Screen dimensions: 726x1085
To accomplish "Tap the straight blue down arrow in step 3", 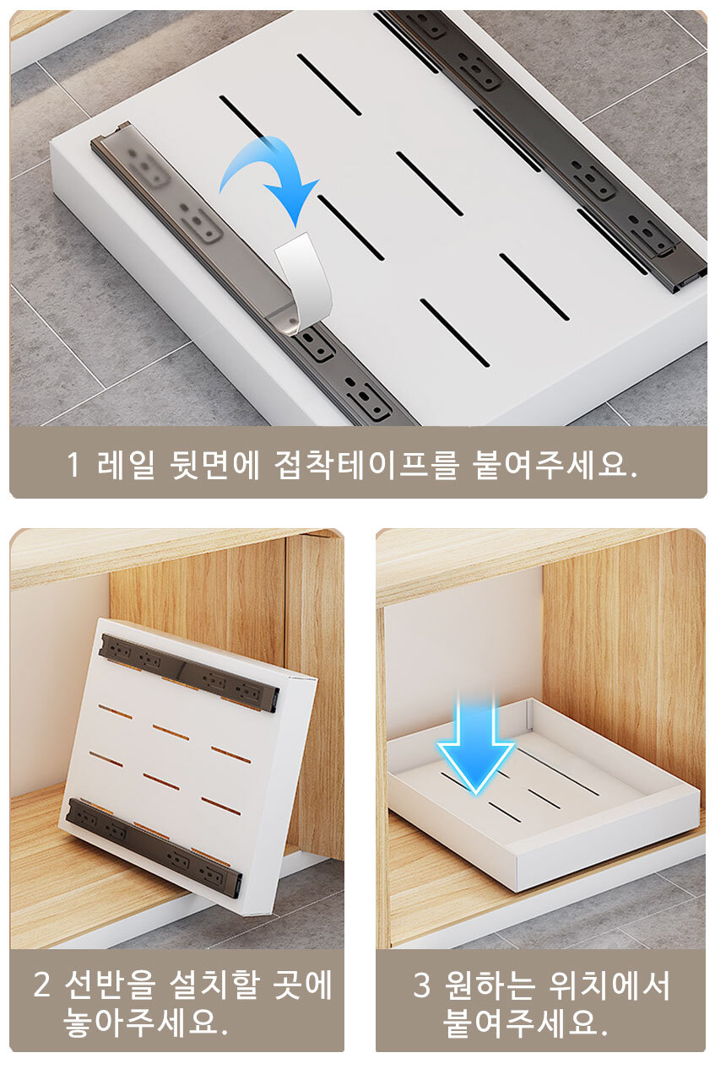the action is (x=475, y=746).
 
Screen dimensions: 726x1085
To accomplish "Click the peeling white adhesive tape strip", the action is (x=303, y=283).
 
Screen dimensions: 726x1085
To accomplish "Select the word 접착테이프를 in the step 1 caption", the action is (x=366, y=465).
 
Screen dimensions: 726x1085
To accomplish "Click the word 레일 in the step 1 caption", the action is (x=126, y=465).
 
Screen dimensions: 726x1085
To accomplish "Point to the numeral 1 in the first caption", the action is (x=73, y=465).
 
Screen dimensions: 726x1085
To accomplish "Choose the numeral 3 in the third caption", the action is (x=421, y=985).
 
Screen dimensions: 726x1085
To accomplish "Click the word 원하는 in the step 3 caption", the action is (x=490, y=985).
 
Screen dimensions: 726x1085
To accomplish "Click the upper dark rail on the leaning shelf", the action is (x=189, y=672).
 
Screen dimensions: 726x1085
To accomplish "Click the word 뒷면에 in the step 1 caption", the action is (x=214, y=465).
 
